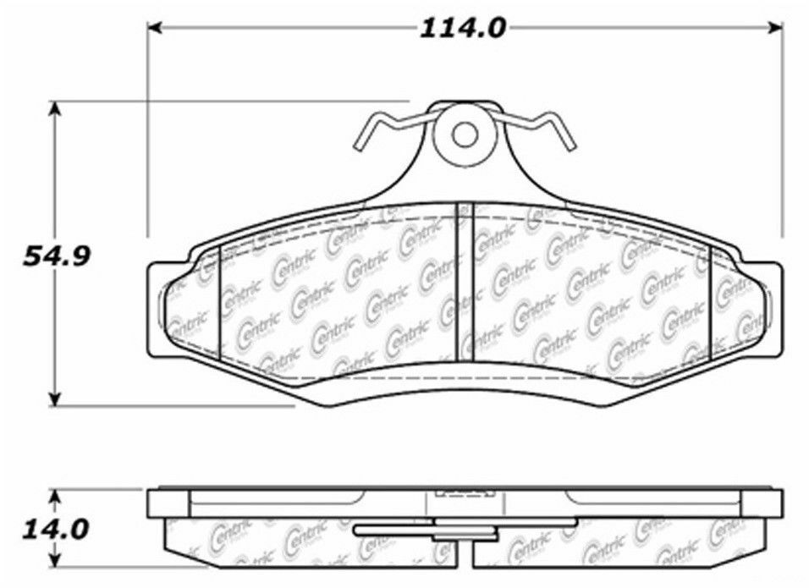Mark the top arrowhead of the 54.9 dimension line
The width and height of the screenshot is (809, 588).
56,108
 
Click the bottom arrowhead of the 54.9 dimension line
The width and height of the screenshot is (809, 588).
56,399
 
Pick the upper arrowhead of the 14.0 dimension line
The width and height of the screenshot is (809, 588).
56,494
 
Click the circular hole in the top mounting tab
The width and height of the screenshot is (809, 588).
463,134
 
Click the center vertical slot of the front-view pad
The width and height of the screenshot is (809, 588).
465,279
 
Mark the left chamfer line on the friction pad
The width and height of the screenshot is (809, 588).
219,300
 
